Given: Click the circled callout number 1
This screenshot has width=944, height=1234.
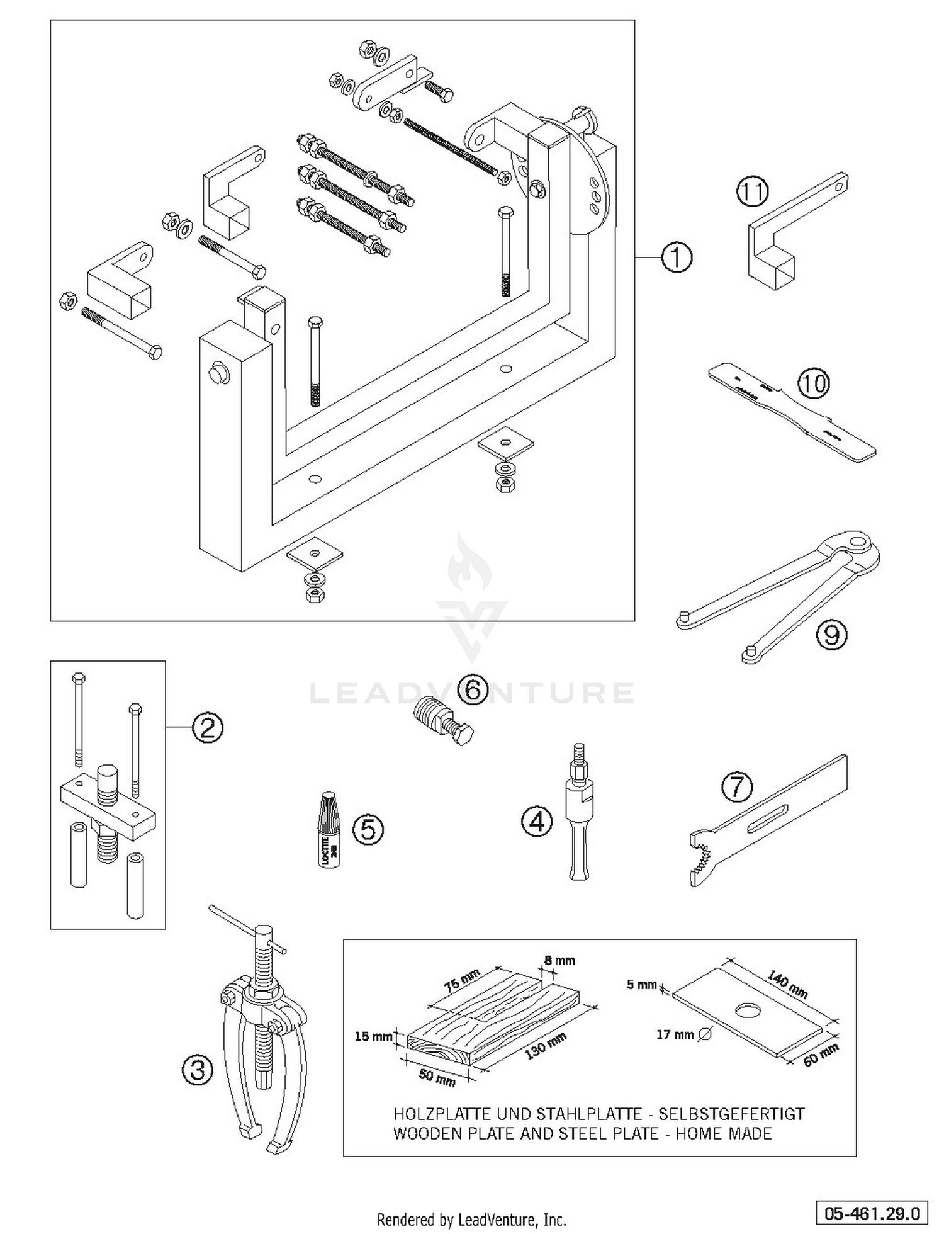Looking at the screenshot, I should (x=677, y=258).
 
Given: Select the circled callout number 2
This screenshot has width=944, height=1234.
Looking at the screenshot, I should (x=208, y=728).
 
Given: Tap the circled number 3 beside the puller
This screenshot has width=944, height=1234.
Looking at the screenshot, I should (x=198, y=1069).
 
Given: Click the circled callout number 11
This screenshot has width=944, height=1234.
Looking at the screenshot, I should (x=753, y=192).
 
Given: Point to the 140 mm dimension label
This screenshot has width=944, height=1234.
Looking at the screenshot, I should (x=787, y=985).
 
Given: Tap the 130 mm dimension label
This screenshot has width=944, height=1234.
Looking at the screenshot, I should (x=545, y=1046).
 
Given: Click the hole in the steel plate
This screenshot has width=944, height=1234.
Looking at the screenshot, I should (x=748, y=1009).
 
